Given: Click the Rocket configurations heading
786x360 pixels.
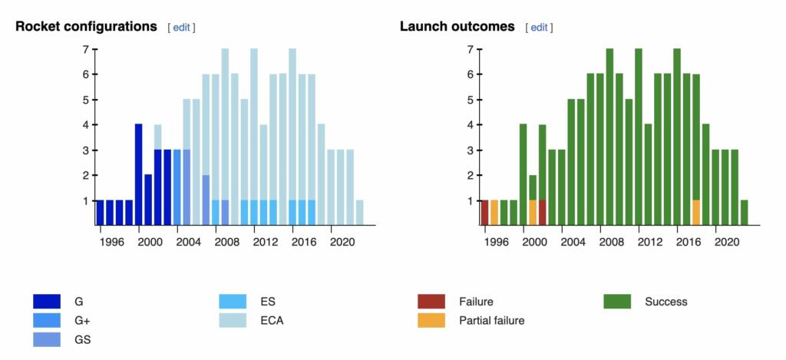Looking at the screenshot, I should click(86, 26).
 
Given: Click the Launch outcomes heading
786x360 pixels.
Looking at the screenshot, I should click(457, 26).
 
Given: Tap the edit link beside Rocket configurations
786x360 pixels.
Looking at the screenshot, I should click(181, 28).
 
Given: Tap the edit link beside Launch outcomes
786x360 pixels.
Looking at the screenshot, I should click(539, 28).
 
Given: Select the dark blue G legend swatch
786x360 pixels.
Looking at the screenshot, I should click(47, 302).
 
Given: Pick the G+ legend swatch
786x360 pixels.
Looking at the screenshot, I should click(47, 320).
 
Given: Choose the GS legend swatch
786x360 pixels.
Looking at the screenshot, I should click(47, 339).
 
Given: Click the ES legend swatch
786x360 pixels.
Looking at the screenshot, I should click(233, 302).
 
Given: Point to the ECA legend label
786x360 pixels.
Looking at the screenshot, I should click(272, 320).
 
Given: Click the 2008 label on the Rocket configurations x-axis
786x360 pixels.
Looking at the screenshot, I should click(225, 241).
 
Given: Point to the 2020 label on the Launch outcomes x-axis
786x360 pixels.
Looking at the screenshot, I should click(725, 241).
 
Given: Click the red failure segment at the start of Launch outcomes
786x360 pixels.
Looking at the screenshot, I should click(484, 213).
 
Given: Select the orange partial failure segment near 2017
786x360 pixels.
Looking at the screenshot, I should click(696, 213).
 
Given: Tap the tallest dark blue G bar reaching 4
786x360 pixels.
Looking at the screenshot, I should click(139, 174).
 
